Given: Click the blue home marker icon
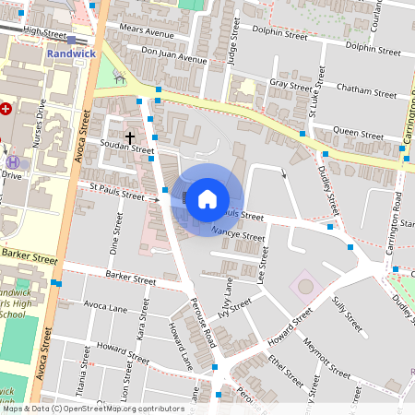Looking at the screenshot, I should coord(207,198).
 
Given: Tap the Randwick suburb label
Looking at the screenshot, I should coord(70,53).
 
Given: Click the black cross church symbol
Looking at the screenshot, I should coord(129,136).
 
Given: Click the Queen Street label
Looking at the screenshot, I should coord(358,133).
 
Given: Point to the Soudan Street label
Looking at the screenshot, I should coord(128,148).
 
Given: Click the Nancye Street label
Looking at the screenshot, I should coord(238,235).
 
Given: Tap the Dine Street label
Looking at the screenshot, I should coord(115,236).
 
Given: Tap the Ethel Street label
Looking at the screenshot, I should coord(284,371).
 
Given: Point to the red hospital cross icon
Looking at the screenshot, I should coord(6,109).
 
